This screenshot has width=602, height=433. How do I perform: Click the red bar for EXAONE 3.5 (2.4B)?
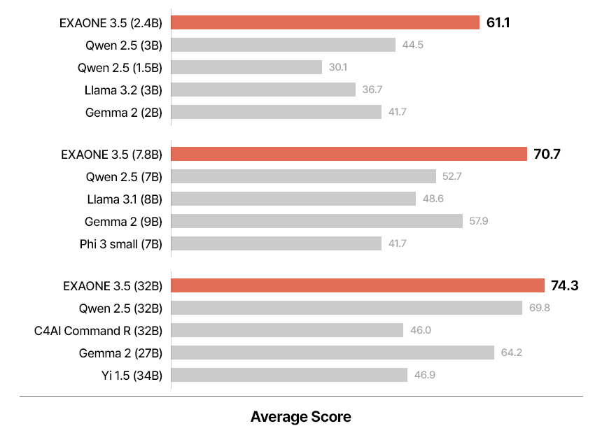(x=325, y=22)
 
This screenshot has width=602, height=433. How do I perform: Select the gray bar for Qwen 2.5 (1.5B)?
(x=246, y=67)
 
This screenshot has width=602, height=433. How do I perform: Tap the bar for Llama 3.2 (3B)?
(x=263, y=90)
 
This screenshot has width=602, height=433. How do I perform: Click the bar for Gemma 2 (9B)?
(x=317, y=221)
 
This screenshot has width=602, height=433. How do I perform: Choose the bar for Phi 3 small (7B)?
(x=276, y=243)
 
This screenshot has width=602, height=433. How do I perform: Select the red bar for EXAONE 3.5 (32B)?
(x=358, y=285)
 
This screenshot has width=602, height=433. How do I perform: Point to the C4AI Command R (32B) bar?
(x=287, y=330)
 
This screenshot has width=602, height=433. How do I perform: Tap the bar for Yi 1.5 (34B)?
(x=289, y=375)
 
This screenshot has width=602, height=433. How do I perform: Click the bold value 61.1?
(x=498, y=23)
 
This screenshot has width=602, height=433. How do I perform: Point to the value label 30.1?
(x=338, y=68)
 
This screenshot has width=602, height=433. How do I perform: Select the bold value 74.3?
(x=564, y=285)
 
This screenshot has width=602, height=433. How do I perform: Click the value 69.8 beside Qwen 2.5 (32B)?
(x=540, y=308)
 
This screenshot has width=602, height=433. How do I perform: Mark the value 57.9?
(x=479, y=221)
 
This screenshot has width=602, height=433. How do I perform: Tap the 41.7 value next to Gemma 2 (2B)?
(x=398, y=112)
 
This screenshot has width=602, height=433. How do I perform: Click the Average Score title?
(x=301, y=418)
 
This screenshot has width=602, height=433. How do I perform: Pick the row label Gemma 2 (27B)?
(x=121, y=353)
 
